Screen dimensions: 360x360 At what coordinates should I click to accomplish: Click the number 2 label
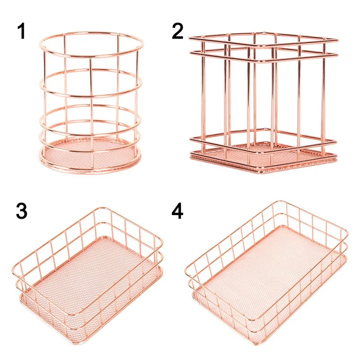point(178,31)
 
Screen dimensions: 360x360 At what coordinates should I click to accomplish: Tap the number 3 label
point(22,211)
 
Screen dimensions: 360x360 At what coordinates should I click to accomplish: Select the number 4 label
point(178,211)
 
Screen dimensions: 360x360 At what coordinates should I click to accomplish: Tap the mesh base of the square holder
point(263,153)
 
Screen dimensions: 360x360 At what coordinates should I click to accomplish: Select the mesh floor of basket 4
point(265,274)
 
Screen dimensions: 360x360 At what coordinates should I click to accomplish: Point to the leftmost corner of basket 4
point(186,270)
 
